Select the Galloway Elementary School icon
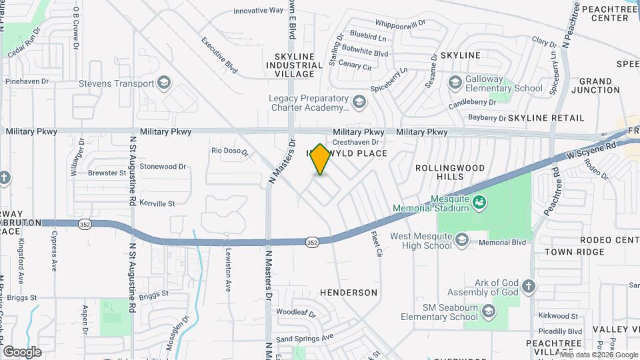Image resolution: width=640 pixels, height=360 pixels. (455, 82)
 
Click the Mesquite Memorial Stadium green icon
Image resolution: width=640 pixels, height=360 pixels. (478, 201)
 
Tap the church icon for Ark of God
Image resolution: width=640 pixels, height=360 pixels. (528, 287)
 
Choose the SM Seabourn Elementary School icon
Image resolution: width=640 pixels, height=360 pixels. (489, 311)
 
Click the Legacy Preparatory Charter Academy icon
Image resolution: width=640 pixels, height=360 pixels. (359, 102)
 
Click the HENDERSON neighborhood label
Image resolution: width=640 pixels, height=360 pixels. (348, 293)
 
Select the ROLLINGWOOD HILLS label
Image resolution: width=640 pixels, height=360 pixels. (439, 172)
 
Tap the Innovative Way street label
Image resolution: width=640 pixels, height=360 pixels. (259, 11)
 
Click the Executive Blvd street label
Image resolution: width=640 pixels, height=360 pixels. (219, 55)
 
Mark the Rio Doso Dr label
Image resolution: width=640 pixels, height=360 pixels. (229, 151)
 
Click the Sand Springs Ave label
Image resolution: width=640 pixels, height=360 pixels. (305, 339)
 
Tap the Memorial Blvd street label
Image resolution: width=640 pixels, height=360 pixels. (503, 243)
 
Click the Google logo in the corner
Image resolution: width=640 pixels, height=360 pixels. (22, 352)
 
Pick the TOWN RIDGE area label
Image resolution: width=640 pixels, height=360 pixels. (574, 252)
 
